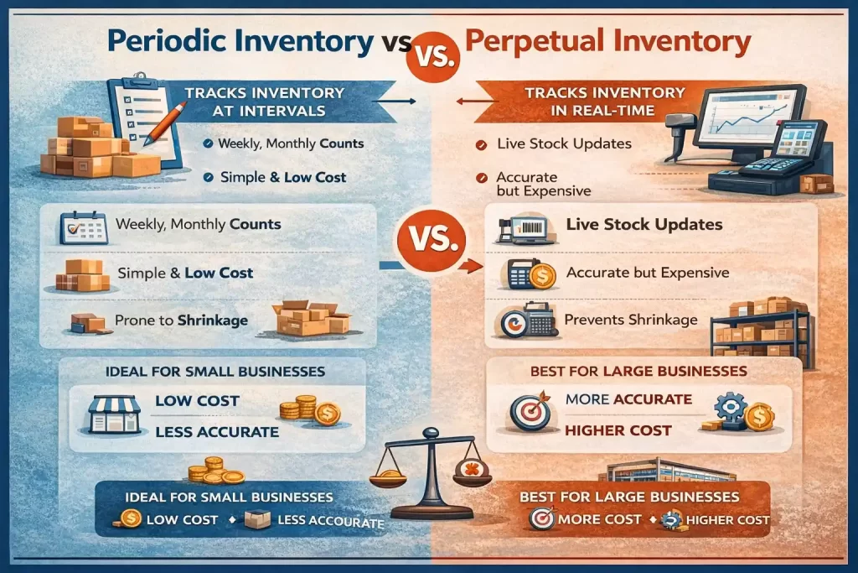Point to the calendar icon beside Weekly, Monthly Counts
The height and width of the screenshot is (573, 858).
tap(83, 227)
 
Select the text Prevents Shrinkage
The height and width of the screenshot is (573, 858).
tap(630, 320)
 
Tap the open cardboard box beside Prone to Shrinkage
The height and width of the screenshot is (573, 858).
tap(308, 318)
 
